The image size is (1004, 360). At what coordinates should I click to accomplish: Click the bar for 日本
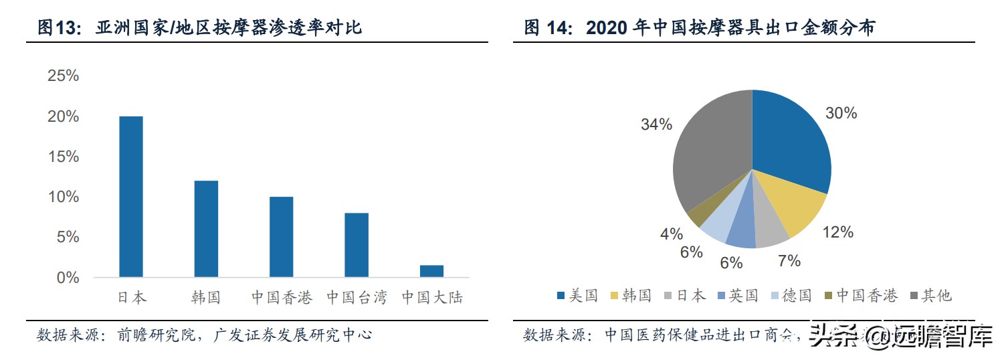click(x=131, y=196)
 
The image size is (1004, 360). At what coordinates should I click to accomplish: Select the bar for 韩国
click(x=206, y=228)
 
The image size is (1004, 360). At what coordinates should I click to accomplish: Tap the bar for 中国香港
click(x=281, y=236)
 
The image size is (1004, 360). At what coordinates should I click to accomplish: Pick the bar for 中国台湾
click(x=357, y=244)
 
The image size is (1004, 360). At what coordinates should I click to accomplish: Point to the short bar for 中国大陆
click(x=431, y=271)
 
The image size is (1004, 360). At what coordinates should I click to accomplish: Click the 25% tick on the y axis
click(x=64, y=76)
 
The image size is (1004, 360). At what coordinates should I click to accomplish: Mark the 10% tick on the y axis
click(x=64, y=197)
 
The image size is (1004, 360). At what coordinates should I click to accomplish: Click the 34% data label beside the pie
click(x=656, y=124)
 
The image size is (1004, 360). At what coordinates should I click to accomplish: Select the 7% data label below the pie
click(x=789, y=261)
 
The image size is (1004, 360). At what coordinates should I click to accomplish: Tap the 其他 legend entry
click(x=929, y=296)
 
